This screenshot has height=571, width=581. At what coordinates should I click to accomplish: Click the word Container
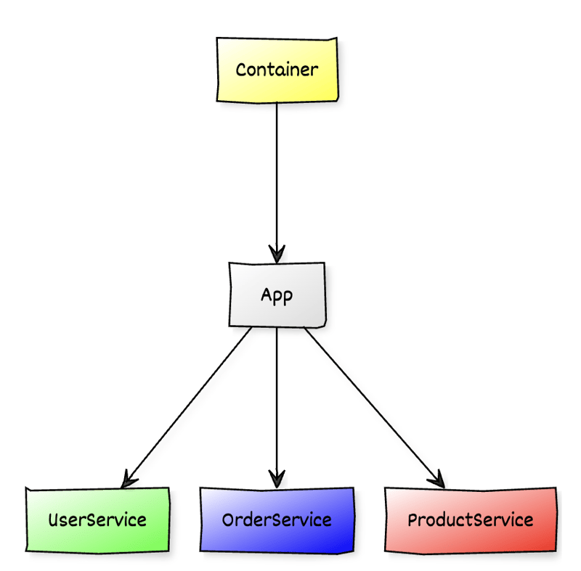pos(277,70)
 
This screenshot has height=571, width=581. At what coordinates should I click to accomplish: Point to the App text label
pos(277,297)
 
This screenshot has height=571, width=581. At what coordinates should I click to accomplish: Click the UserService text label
pos(97,520)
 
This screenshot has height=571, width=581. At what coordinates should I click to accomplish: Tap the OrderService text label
pos(277,520)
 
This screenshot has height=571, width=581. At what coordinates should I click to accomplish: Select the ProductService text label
pos(470,520)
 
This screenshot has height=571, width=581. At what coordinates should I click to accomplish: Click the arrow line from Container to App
pos(277,174)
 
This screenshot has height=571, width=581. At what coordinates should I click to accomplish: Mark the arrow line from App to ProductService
pos(370,402)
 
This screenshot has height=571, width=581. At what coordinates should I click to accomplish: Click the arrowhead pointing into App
pos(277,254)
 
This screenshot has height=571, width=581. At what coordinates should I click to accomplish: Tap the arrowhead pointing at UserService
pos(129,477)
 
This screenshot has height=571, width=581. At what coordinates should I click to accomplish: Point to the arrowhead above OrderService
pos(277,479)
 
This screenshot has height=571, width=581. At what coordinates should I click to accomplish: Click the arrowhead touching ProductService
pos(437,479)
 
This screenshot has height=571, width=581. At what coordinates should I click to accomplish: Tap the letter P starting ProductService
pos(413,520)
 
